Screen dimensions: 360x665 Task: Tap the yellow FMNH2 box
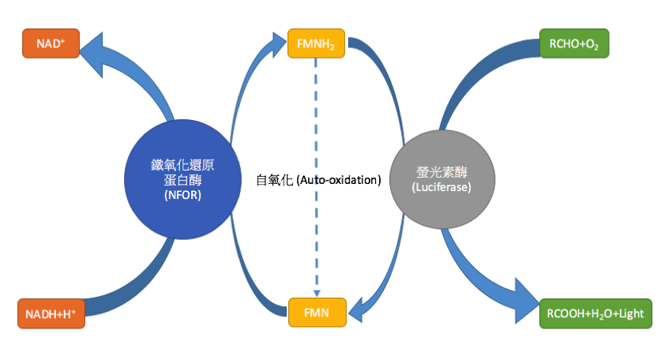click(316, 45)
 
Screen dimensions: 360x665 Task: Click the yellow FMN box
click(316, 313)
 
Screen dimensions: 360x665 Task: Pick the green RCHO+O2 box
click(573, 44)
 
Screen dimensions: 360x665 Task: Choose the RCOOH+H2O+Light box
click(594, 313)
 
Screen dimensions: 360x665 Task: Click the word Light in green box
click(627, 313)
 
